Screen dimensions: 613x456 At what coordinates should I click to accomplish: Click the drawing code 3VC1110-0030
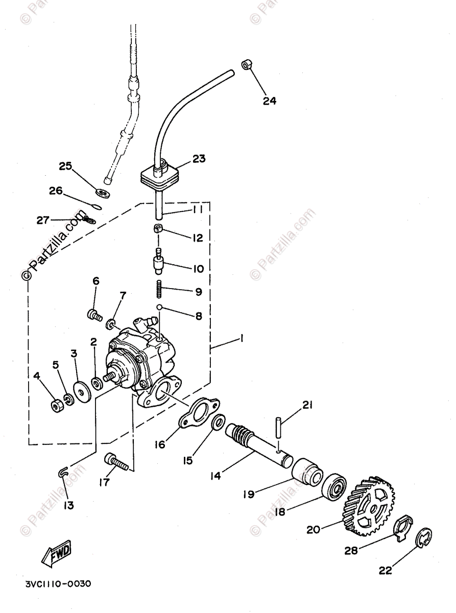[x=58, y=583]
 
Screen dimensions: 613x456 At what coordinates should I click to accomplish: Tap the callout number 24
[x=269, y=101]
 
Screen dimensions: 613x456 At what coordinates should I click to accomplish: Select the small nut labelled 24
[x=246, y=65]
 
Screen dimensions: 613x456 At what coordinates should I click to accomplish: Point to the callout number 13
[x=68, y=505]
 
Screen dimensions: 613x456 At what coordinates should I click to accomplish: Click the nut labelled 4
[x=57, y=405]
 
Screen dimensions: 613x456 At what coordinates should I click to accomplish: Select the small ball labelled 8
[x=159, y=308]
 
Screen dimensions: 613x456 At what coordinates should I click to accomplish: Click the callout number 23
[x=199, y=159]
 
